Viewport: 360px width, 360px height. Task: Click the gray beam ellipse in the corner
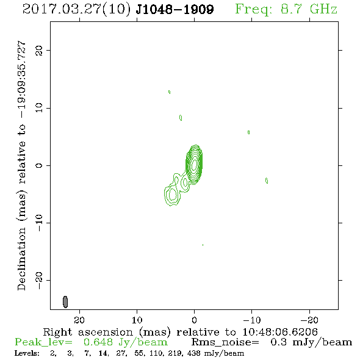click(65, 302)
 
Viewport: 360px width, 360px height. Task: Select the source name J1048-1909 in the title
click(175, 9)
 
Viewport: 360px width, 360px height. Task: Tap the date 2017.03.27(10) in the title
click(77, 9)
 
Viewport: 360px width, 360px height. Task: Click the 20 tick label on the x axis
click(79, 320)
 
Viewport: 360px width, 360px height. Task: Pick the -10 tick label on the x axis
click(252, 320)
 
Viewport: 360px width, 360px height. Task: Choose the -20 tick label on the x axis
click(309, 320)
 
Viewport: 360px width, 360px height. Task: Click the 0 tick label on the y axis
click(39, 165)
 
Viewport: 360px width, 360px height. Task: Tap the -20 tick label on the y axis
click(39, 281)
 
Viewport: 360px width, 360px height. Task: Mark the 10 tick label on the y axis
click(39, 107)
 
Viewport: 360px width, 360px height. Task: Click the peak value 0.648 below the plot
click(98, 342)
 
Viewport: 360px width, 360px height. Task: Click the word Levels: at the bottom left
click(27, 353)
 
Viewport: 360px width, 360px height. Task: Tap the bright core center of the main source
click(195, 164)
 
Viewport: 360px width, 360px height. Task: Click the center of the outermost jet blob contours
click(172, 195)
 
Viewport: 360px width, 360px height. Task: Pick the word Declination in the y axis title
click(21, 258)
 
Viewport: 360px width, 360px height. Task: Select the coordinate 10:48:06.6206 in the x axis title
click(280, 332)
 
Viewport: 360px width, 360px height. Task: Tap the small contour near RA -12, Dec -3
click(267, 181)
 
